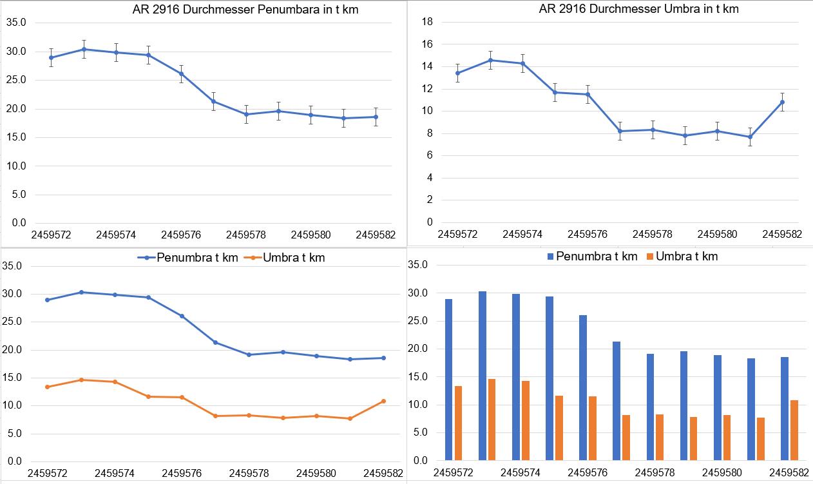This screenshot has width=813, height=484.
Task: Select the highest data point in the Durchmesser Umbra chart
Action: tap(490, 60)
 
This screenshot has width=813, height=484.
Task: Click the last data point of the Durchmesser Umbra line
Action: tap(782, 102)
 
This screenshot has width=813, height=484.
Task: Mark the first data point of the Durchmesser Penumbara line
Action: tap(51, 57)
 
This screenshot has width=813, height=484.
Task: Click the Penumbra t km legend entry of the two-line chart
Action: tap(187, 258)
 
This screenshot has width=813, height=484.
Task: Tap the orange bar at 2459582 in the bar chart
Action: tap(794, 430)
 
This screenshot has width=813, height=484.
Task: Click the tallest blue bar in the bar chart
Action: tap(483, 376)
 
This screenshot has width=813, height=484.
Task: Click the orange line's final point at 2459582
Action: tap(384, 401)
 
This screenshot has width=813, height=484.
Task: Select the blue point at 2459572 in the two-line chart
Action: tap(48, 300)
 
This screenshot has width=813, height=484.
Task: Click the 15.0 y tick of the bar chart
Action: tap(419, 377)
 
